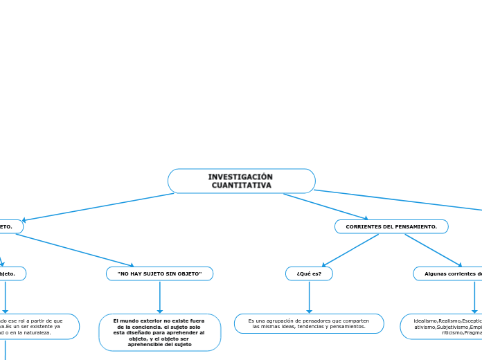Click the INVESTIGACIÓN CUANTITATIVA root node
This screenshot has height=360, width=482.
pos(241,181)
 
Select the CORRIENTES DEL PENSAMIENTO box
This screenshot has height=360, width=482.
pos(391,227)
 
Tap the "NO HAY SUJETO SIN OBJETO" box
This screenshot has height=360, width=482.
pos(159,274)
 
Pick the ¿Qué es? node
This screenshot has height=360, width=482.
pos(309,274)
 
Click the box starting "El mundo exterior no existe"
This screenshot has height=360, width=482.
pos(159,332)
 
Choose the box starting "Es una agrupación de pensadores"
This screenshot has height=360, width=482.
pos(309,323)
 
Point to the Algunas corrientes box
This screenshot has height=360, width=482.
pos(450,274)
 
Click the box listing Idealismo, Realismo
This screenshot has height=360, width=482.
pos(443,327)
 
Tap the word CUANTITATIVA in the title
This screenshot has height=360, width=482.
pos(241,186)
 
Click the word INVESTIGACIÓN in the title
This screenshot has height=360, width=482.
pos(240,177)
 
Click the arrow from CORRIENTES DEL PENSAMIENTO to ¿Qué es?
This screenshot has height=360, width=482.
pos(350,250)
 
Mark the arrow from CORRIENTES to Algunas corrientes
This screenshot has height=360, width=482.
pos(433,250)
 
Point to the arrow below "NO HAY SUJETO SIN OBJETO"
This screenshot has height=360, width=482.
pos(159,298)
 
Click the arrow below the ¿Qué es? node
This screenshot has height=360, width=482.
pos(309,298)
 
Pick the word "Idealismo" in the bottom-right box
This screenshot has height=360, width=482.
pos(425,321)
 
